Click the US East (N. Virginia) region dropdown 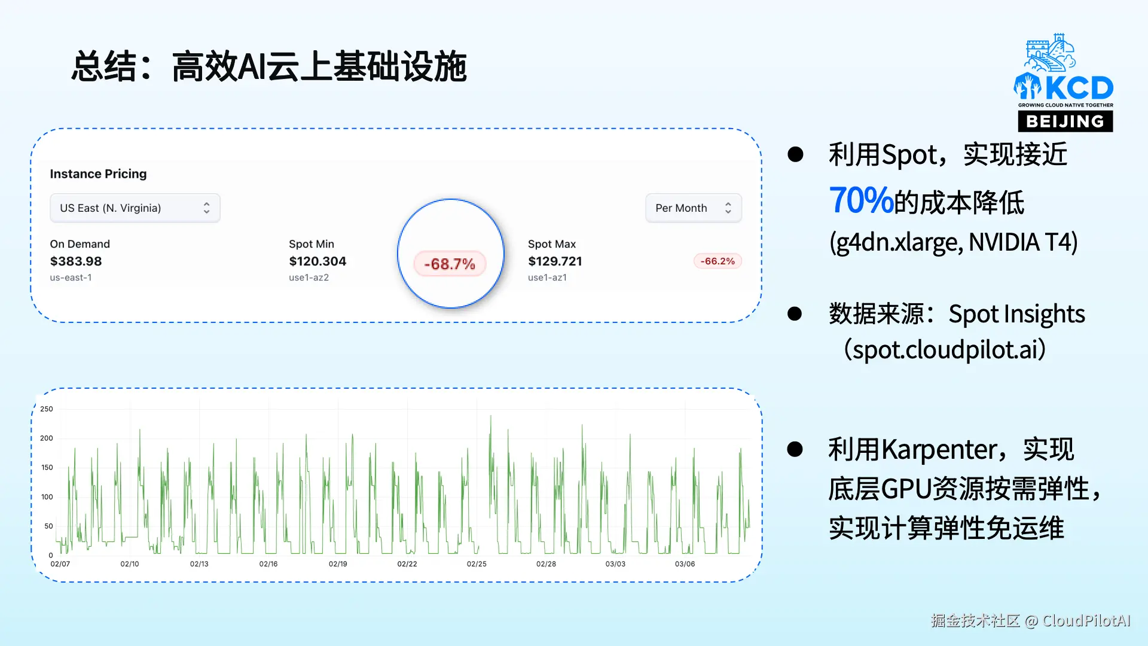135,208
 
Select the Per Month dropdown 694,208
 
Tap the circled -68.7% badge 450,264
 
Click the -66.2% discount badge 717,261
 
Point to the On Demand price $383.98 76,261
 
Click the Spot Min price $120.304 317,261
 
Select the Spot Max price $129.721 555,261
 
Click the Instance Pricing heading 98,174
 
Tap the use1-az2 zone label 309,278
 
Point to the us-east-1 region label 71,278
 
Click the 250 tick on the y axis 47,409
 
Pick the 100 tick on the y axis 47,497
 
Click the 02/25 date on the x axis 477,564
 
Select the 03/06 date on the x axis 685,564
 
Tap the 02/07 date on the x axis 60,564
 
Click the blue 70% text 861,201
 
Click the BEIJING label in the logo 1065,121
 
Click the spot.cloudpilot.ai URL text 949,350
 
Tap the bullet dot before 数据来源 795,314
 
